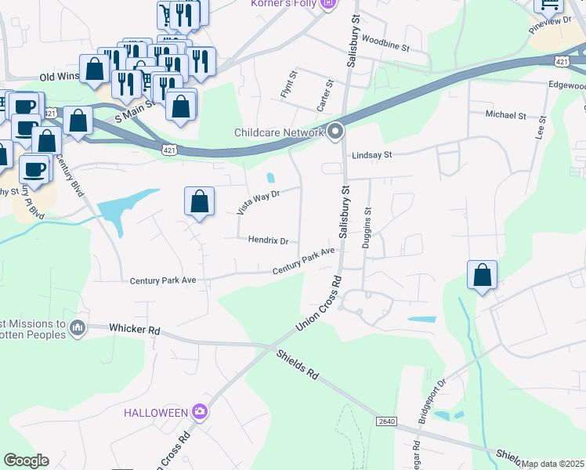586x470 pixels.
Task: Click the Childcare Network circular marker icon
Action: point(336,132)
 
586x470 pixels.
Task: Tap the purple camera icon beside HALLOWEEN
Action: point(200,411)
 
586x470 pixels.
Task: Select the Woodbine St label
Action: point(386,47)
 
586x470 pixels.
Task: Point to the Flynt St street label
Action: point(288,85)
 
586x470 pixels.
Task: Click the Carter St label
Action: point(323,94)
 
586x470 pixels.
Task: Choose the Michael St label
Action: point(505,115)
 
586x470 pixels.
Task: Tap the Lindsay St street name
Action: point(371,155)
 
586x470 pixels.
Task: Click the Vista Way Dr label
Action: point(257,201)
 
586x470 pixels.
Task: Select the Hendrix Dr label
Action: point(268,240)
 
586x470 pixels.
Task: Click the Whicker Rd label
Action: point(134,330)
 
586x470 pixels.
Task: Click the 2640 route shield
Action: point(386,421)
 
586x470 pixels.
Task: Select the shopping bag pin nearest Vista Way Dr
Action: point(200,201)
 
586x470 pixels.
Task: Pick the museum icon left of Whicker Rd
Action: point(77,327)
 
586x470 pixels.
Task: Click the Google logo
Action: point(26,461)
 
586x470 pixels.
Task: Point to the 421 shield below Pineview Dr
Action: point(562,60)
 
